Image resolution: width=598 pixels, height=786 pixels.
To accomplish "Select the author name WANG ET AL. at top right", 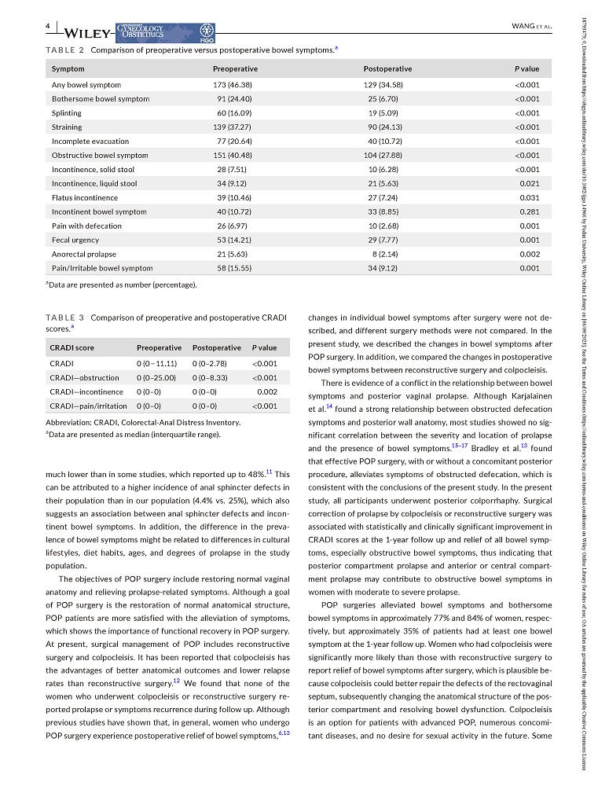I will [533, 27].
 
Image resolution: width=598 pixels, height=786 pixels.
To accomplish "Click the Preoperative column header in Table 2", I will [235, 69].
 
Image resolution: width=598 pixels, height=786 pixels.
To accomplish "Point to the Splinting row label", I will [67, 113].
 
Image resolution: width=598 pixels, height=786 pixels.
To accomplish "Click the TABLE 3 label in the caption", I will [65, 318].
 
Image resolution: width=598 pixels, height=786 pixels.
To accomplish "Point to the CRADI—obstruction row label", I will [85, 377].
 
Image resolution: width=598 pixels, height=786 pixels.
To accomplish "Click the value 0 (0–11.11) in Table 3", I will [157, 363].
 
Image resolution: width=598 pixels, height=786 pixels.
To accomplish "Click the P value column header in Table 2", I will [526, 69].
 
